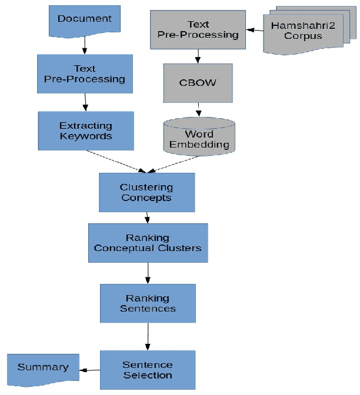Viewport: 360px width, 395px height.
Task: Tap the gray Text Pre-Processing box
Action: pos(198,29)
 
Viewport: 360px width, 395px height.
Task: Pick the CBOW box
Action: pos(198,82)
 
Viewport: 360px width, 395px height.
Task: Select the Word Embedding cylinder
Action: pos(198,136)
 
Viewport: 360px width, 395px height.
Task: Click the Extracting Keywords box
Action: pos(86,131)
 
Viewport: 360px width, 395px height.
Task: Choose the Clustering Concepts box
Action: pos(146,192)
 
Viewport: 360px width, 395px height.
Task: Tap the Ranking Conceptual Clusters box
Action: pos(148,243)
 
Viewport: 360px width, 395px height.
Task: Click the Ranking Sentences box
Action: pos(148,303)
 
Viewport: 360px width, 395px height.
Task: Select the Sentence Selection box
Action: pos(148,370)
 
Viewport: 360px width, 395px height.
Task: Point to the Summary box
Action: pos(42,367)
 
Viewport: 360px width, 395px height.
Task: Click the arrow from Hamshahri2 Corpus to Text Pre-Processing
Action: pos(255,30)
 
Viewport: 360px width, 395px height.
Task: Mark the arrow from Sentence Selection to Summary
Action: pos(89,370)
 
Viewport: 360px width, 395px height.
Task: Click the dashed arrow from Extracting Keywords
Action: pos(118,161)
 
